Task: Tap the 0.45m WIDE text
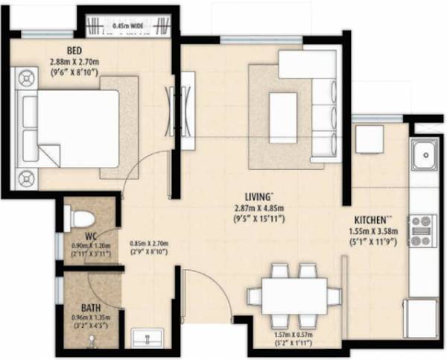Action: click(x=129, y=27)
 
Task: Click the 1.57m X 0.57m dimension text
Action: click(x=294, y=337)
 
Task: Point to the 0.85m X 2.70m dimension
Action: click(x=148, y=242)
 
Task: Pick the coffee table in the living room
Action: click(x=282, y=106)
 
